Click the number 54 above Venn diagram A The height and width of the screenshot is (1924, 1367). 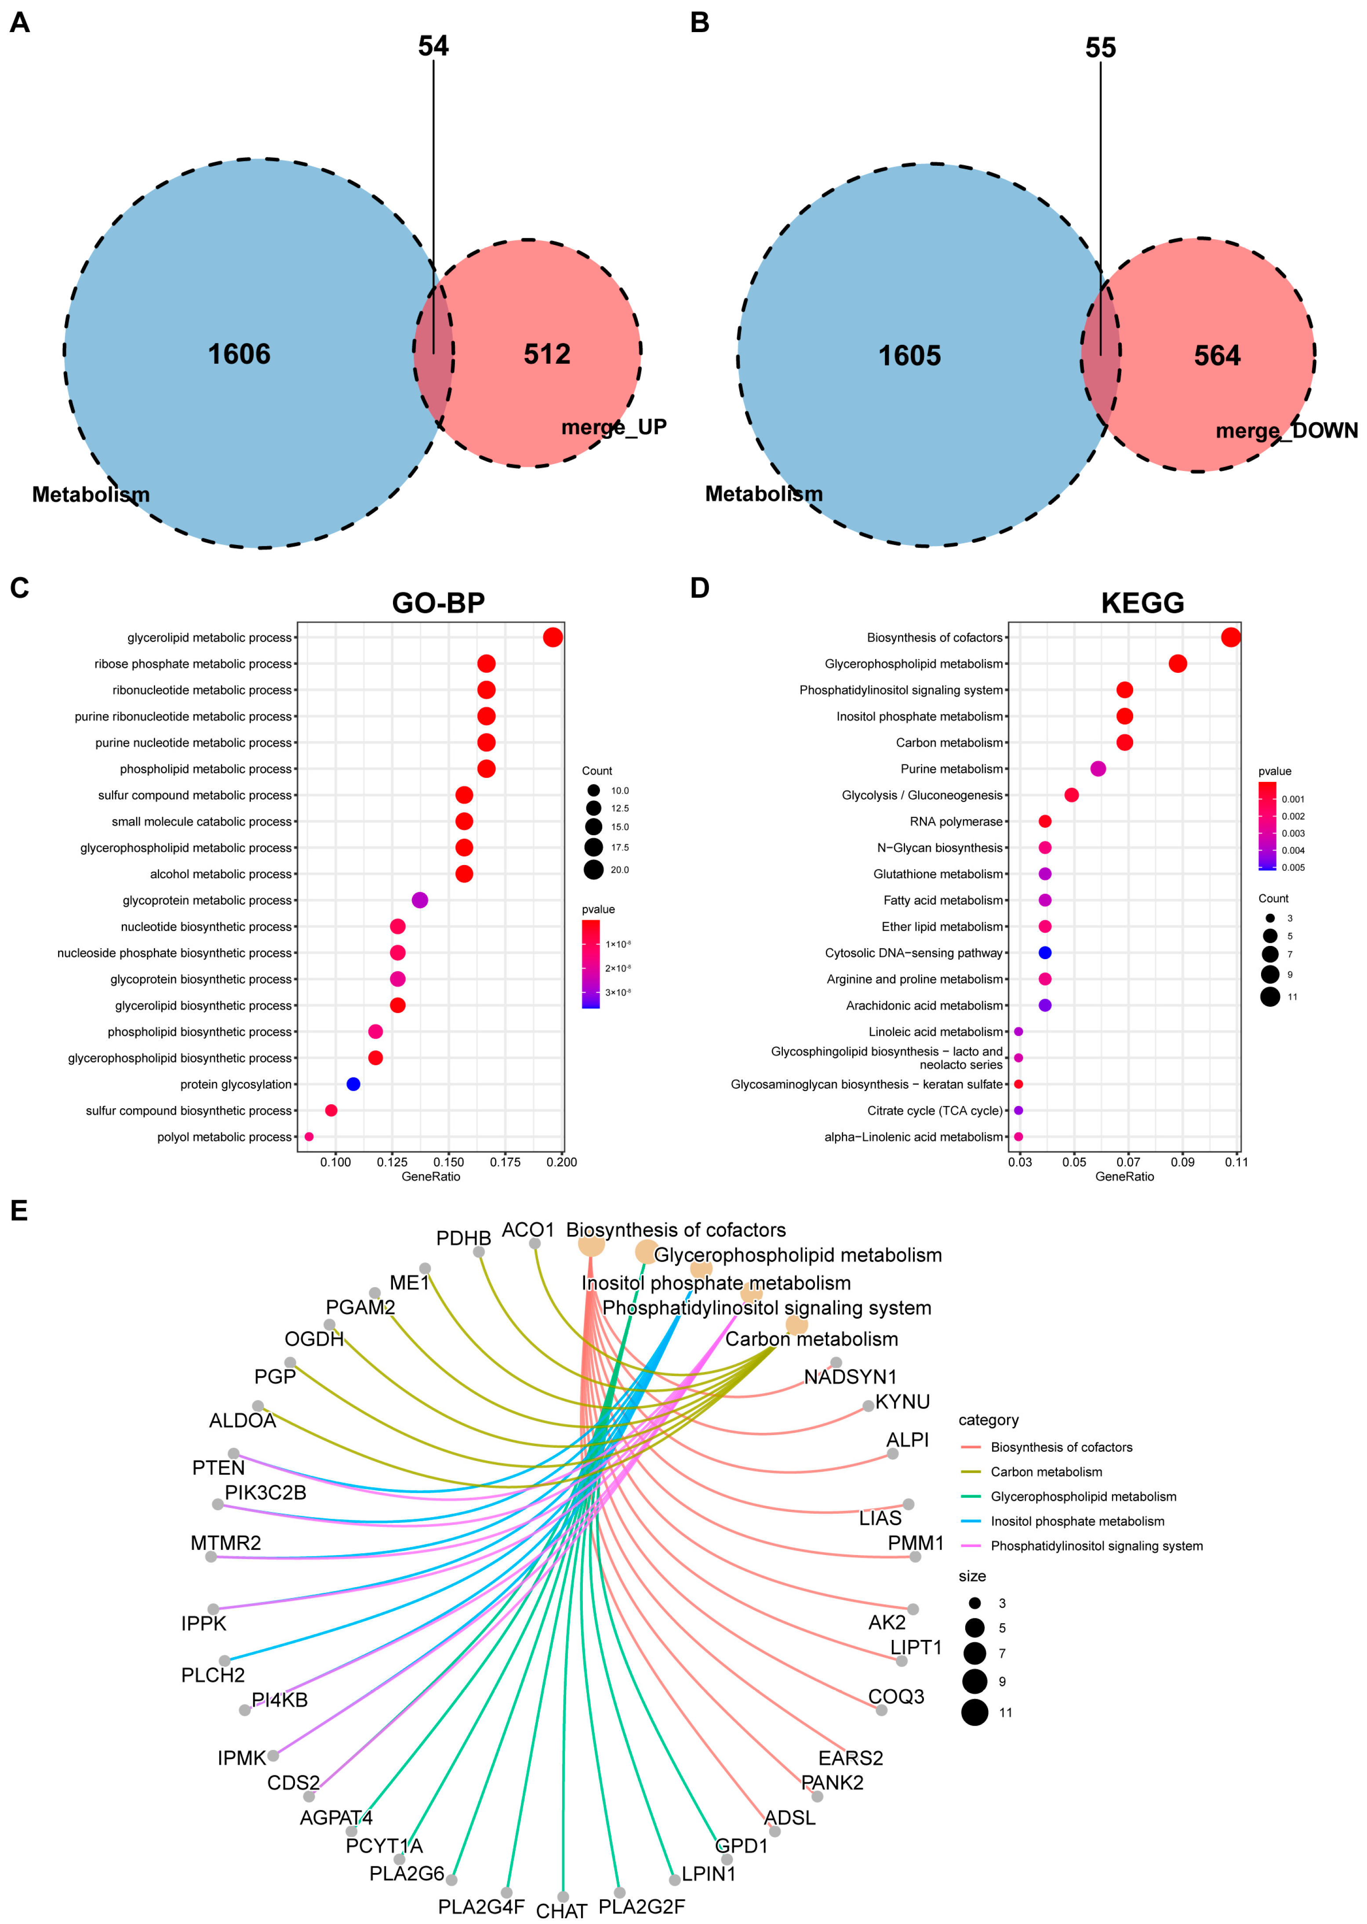click(433, 46)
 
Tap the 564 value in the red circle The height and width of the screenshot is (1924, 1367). click(1217, 356)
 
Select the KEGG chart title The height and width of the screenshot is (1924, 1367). click(1142, 603)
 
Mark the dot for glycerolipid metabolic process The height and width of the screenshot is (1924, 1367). click(552, 637)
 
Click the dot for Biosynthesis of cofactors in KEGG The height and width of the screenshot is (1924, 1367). click(1231, 637)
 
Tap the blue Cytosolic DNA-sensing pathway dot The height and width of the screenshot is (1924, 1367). click(1045, 952)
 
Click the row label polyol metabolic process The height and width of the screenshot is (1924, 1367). click(224, 1137)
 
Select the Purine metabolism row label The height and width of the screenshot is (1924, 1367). click(951, 769)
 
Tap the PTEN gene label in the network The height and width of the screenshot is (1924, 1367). click(218, 1468)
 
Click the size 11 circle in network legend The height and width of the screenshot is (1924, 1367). click(975, 1712)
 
